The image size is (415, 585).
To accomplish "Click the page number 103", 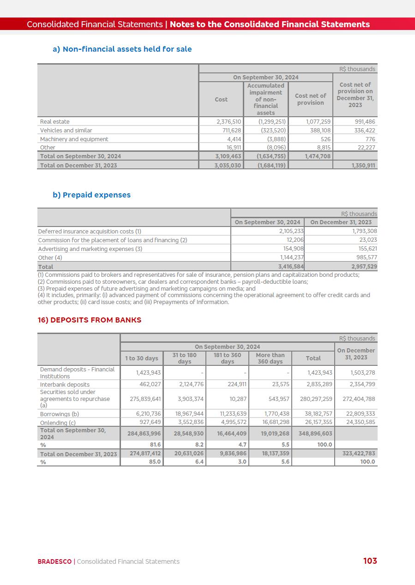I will (x=370, y=561).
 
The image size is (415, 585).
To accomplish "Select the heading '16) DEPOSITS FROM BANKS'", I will (x=90, y=320).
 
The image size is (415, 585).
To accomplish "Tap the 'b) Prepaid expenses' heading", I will (x=91, y=195).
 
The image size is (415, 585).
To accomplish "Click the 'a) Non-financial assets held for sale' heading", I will (x=122, y=49).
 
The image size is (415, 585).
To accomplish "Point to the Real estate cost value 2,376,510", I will (x=229, y=122).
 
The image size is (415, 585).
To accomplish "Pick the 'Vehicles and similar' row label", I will (x=66, y=131).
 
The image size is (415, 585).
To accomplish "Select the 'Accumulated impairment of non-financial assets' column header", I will (x=265, y=99).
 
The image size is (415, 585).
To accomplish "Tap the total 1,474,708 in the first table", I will (x=319, y=156).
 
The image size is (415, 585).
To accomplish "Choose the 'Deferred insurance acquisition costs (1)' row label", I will (x=90, y=232).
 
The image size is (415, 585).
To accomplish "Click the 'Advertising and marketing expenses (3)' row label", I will (x=90, y=249).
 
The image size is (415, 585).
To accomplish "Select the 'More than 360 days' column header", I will (x=270, y=358).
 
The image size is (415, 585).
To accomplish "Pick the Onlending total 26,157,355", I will (x=316, y=422).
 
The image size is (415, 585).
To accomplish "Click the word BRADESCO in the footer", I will (x=54, y=561).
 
